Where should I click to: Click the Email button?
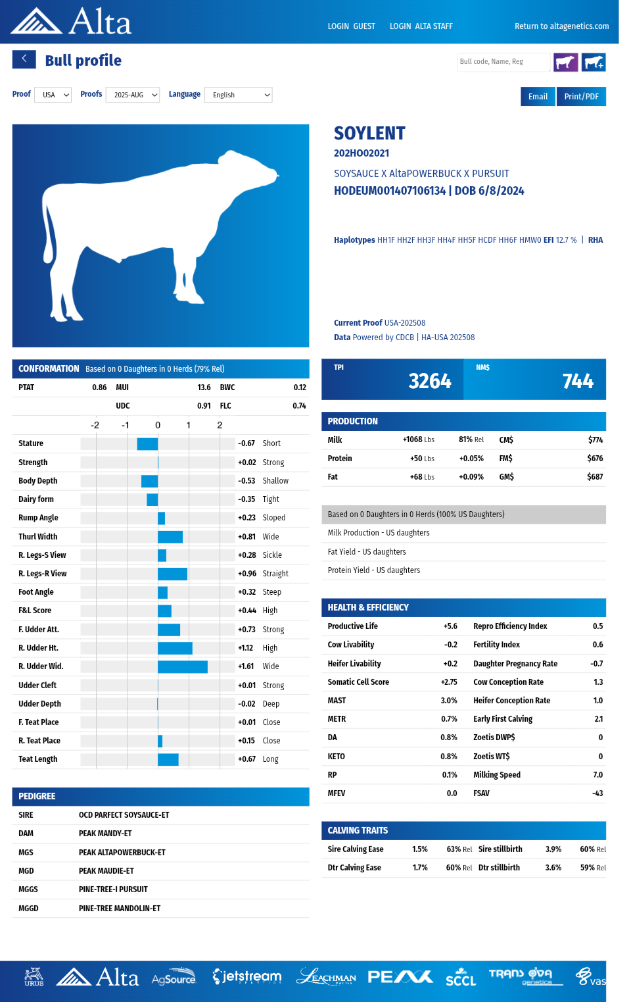coord(538,97)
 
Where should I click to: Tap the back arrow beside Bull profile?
coord(24,59)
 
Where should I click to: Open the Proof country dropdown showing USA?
coord(53,95)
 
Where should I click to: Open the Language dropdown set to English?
coord(238,95)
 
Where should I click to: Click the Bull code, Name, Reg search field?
coord(503,62)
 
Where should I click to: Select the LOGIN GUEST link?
coord(352,26)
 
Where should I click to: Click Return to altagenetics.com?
coord(561,26)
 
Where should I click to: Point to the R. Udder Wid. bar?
coord(183,666)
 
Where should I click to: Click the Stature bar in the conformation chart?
coord(147,443)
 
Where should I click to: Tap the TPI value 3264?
coord(430,381)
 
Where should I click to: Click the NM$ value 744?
coord(578,381)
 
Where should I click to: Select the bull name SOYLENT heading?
coord(369,134)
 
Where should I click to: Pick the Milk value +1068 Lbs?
coord(418,439)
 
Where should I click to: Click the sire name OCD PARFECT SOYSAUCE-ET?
coord(124,815)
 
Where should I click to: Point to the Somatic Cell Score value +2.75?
coord(449,682)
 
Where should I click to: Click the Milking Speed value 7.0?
coord(597,775)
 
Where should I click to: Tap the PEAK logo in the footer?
coord(400,977)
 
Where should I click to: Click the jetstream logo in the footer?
coord(247,977)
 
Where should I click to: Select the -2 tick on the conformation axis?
coord(95,425)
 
